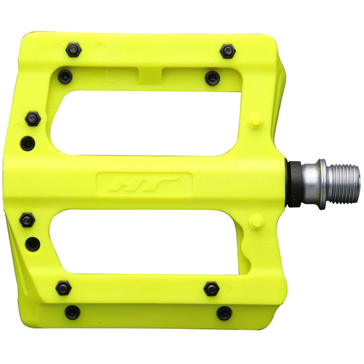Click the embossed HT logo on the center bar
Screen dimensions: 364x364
point(143,184)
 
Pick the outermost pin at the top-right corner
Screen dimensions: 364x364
point(228,50)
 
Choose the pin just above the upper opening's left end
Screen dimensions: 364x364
point(64,76)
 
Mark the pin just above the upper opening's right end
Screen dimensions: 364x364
point(212,78)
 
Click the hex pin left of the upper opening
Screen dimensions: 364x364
point(32,118)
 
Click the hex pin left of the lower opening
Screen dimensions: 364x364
point(27,220)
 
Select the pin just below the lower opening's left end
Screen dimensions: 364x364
point(64,288)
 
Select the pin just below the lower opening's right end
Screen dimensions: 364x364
point(211,289)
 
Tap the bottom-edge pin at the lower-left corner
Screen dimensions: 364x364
point(73,312)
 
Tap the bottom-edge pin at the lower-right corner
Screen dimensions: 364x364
point(224,313)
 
